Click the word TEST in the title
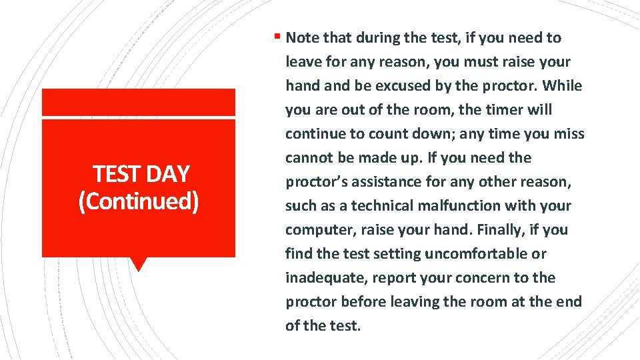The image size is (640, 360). click(115, 174)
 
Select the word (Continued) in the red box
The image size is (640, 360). click(139, 201)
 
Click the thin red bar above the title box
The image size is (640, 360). click(139, 102)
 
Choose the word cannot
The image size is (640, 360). click(309, 158)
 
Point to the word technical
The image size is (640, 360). click(381, 206)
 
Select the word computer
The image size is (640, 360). click(315, 230)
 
